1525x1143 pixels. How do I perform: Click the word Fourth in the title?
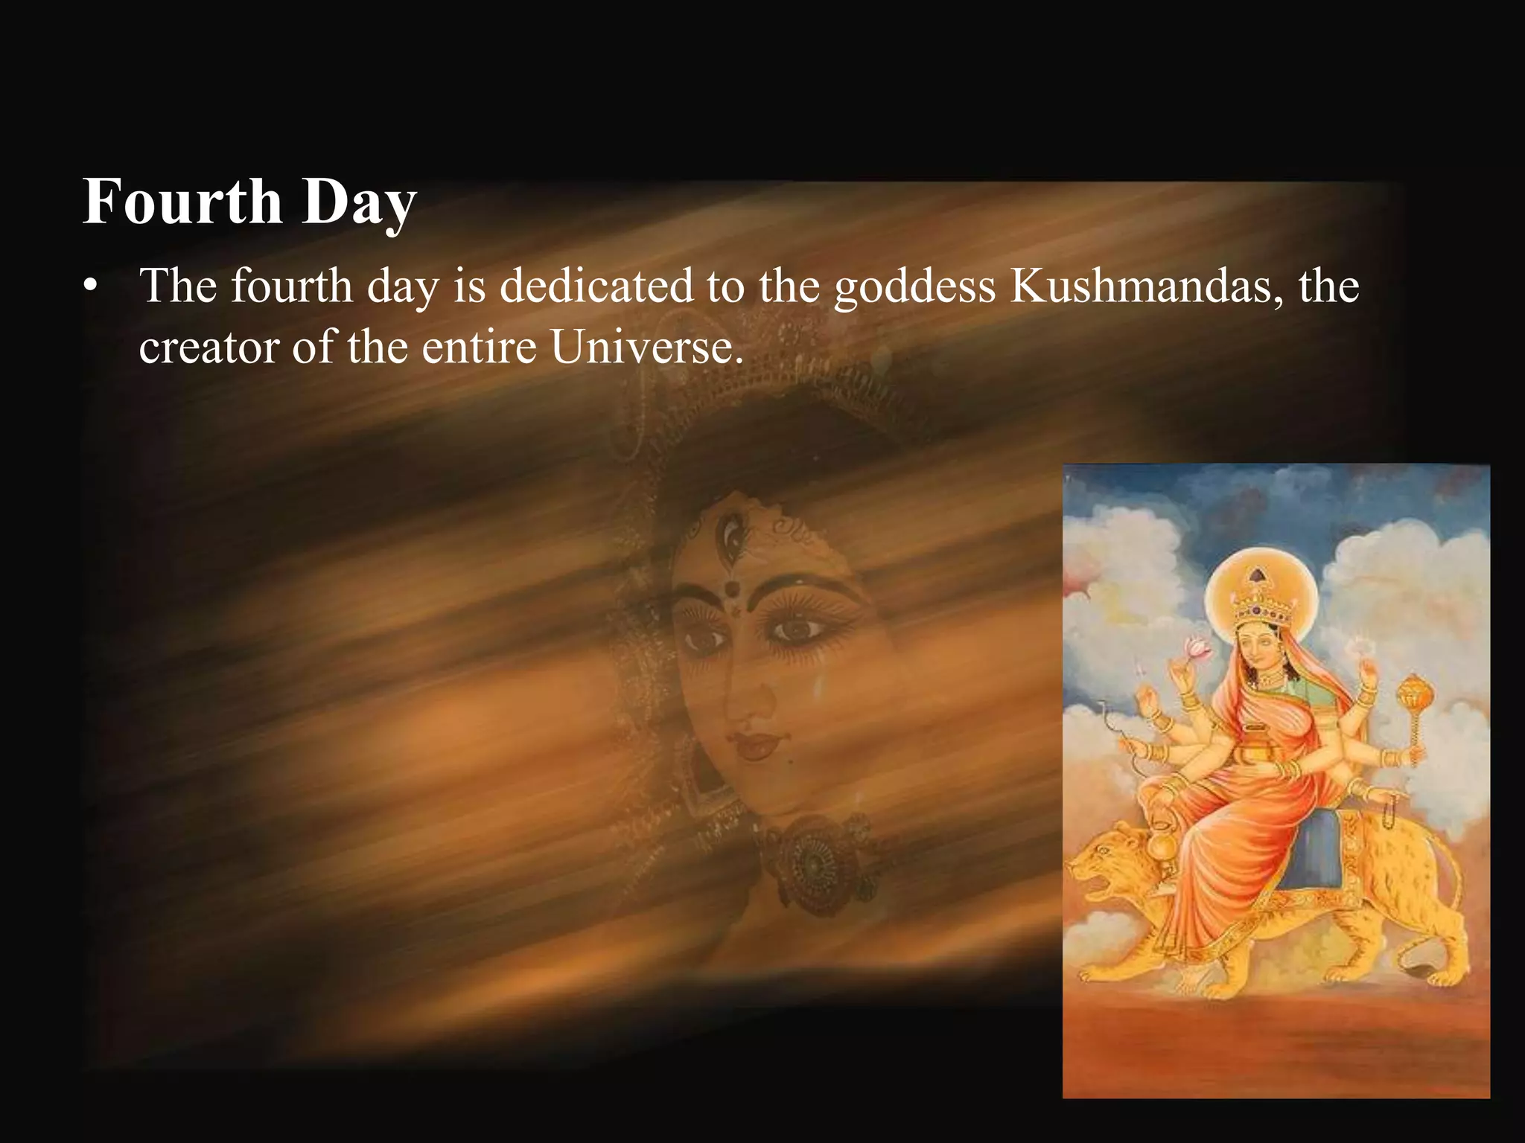tap(182, 202)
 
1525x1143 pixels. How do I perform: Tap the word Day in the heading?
tap(359, 203)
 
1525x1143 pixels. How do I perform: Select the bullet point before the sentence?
tap(91, 288)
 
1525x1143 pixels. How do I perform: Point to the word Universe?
tap(646, 347)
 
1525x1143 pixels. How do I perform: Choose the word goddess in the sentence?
tap(914, 287)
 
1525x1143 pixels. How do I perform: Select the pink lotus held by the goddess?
tap(1197, 647)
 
